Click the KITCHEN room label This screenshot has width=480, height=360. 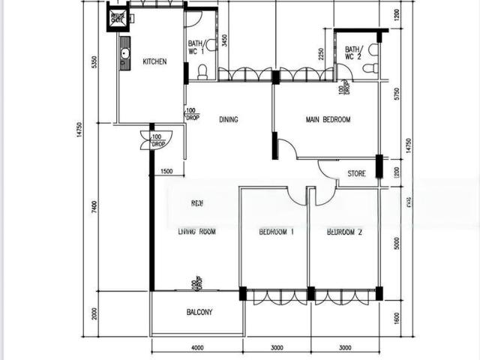click(x=154, y=62)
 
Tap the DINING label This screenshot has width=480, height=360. click(x=229, y=119)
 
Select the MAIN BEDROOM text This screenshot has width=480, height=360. click(x=328, y=119)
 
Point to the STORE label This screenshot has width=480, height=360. click(x=357, y=174)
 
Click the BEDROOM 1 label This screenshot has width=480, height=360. click(x=276, y=232)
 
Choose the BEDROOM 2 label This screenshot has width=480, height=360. click(x=344, y=232)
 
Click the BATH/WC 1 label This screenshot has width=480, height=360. click(x=196, y=47)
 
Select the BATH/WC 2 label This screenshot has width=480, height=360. click(x=352, y=53)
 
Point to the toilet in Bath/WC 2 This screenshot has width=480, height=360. click(x=370, y=67)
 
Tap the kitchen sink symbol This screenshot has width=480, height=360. click(x=125, y=53)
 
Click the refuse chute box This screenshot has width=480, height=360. click(x=117, y=17)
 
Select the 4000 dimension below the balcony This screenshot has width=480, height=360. click(x=196, y=348)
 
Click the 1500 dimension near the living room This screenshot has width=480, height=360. click(x=166, y=172)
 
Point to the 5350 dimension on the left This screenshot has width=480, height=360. click(x=94, y=62)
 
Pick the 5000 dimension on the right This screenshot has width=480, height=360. click(x=397, y=244)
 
